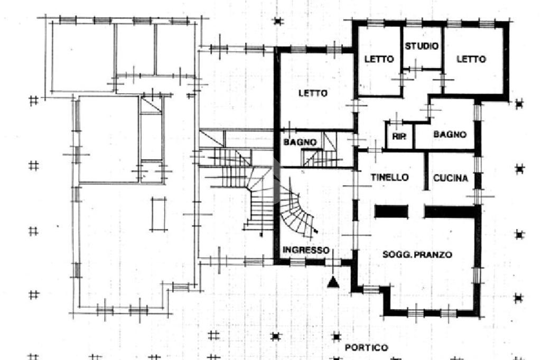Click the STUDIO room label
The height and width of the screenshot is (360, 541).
(422, 46)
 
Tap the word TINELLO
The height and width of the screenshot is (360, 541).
(389, 177)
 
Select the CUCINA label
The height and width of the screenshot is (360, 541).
(451, 178)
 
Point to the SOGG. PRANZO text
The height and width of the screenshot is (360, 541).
(417, 254)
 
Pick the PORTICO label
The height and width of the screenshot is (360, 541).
(366, 347)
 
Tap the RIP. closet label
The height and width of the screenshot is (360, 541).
(399, 136)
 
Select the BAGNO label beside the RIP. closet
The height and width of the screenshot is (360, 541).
(450, 135)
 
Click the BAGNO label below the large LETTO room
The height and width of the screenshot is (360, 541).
(300, 142)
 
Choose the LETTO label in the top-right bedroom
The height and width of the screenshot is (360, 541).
(471, 59)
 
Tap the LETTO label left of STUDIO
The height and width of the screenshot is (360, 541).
(379, 59)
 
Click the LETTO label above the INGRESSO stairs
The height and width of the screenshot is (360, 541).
(313, 93)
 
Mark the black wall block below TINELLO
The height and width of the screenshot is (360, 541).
(391, 212)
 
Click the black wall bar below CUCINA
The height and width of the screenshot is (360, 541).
(450, 212)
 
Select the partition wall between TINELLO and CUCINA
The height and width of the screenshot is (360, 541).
(426, 171)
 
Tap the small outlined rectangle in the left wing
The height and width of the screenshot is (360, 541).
(158, 214)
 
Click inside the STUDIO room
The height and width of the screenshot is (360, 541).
(422, 57)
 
